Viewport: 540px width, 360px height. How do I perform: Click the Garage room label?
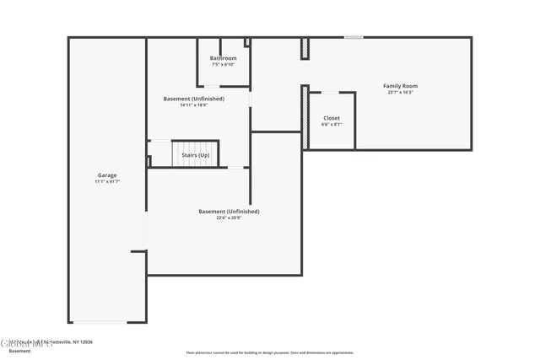point(106,175)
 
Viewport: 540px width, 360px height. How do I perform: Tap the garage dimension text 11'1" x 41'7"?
point(106,182)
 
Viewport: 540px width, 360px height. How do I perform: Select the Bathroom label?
point(223,58)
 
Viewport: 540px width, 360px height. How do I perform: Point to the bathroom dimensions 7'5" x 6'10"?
point(223,65)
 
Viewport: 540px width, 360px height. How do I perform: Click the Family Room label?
point(400,86)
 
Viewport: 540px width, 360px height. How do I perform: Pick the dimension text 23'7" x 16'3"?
point(400,93)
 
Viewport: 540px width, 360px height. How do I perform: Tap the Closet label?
point(332,118)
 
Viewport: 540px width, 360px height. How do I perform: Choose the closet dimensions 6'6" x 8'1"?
point(332,125)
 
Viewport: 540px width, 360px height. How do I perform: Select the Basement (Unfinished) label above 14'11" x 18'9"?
point(194,99)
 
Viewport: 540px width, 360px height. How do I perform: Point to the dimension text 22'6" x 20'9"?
point(229,218)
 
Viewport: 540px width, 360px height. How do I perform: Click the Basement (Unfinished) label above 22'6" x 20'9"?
point(229,212)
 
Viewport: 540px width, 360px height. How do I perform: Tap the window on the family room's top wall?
point(354,37)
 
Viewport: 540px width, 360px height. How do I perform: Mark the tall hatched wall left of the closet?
point(305,117)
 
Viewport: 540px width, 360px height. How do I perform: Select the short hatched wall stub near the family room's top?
point(304,49)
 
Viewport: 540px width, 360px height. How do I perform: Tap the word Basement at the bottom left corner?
point(19,351)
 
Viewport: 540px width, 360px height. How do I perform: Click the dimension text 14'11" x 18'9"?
point(194,105)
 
